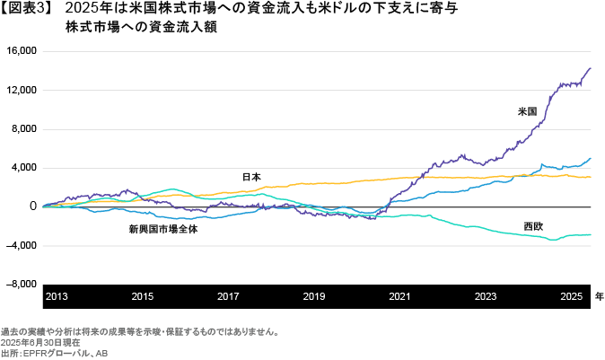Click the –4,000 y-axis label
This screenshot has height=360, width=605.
tap(21, 245)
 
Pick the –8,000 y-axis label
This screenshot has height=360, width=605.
tap(21, 284)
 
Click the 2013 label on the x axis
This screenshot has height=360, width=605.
tap(57, 296)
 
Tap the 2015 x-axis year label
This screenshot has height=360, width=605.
tap(142, 296)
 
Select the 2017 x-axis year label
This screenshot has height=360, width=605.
tap(228, 296)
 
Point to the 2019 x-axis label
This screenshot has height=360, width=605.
tap(314, 296)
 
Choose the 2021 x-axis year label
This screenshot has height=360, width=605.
tap(399, 296)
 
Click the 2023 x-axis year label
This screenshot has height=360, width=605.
tap(486, 296)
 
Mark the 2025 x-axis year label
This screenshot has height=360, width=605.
tap(572, 296)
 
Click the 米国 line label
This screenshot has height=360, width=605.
tap(527, 112)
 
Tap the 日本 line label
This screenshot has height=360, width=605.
tap(251, 177)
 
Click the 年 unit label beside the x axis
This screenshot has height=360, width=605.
tap(599, 296)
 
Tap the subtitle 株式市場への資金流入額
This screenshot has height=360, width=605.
tap(141, 28)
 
